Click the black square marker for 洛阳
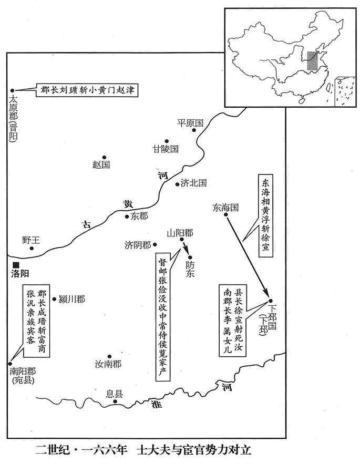coord(16,265)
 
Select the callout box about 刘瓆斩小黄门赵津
coord(87,90)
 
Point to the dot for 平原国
coord(194,130)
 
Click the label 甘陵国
coord(166,149)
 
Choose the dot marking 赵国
coord(104,158)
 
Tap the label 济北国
coord(193,183)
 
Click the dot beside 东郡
coord(127,216)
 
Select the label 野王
coord(31,240)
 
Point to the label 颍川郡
coord(72,299)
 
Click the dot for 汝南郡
coord(109,356)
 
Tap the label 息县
coord(114,394)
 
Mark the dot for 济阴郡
coord(155,245)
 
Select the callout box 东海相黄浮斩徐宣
coord(265,216)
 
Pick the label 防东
coord(190,269)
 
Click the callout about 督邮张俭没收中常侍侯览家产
coord(163,317)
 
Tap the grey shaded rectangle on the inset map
coord(312,60)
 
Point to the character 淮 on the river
coord(157,404)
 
